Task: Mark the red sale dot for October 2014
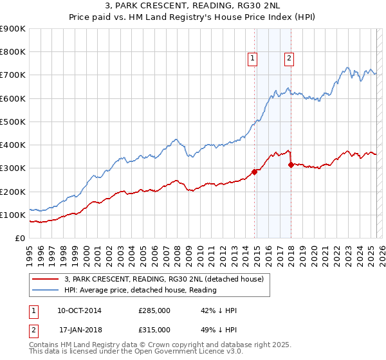point(254,172)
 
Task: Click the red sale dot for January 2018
point(291,165)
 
